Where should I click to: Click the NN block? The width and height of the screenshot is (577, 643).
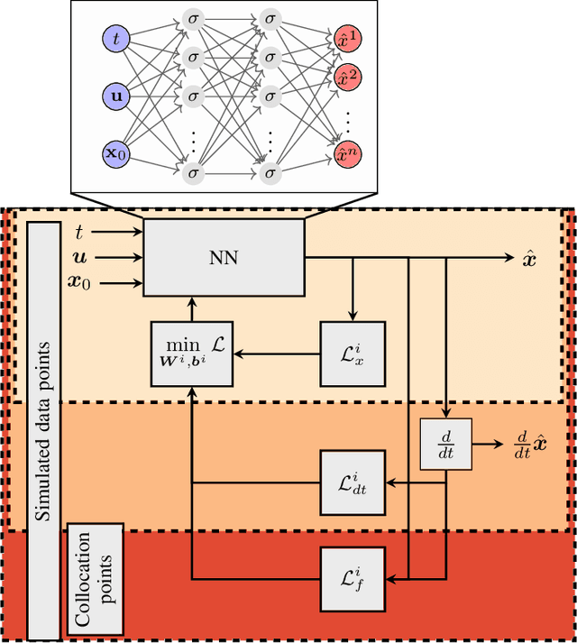[224, 257]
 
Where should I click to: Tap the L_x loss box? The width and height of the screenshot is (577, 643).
[353, 354]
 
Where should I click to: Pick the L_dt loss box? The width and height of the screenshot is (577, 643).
[353, 483]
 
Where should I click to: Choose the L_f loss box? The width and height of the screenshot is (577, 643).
[353, 576]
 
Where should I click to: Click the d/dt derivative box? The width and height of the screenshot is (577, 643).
[446, 445]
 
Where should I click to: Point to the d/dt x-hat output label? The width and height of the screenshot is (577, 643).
[530, 446]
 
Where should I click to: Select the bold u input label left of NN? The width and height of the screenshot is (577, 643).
[78, 258]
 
